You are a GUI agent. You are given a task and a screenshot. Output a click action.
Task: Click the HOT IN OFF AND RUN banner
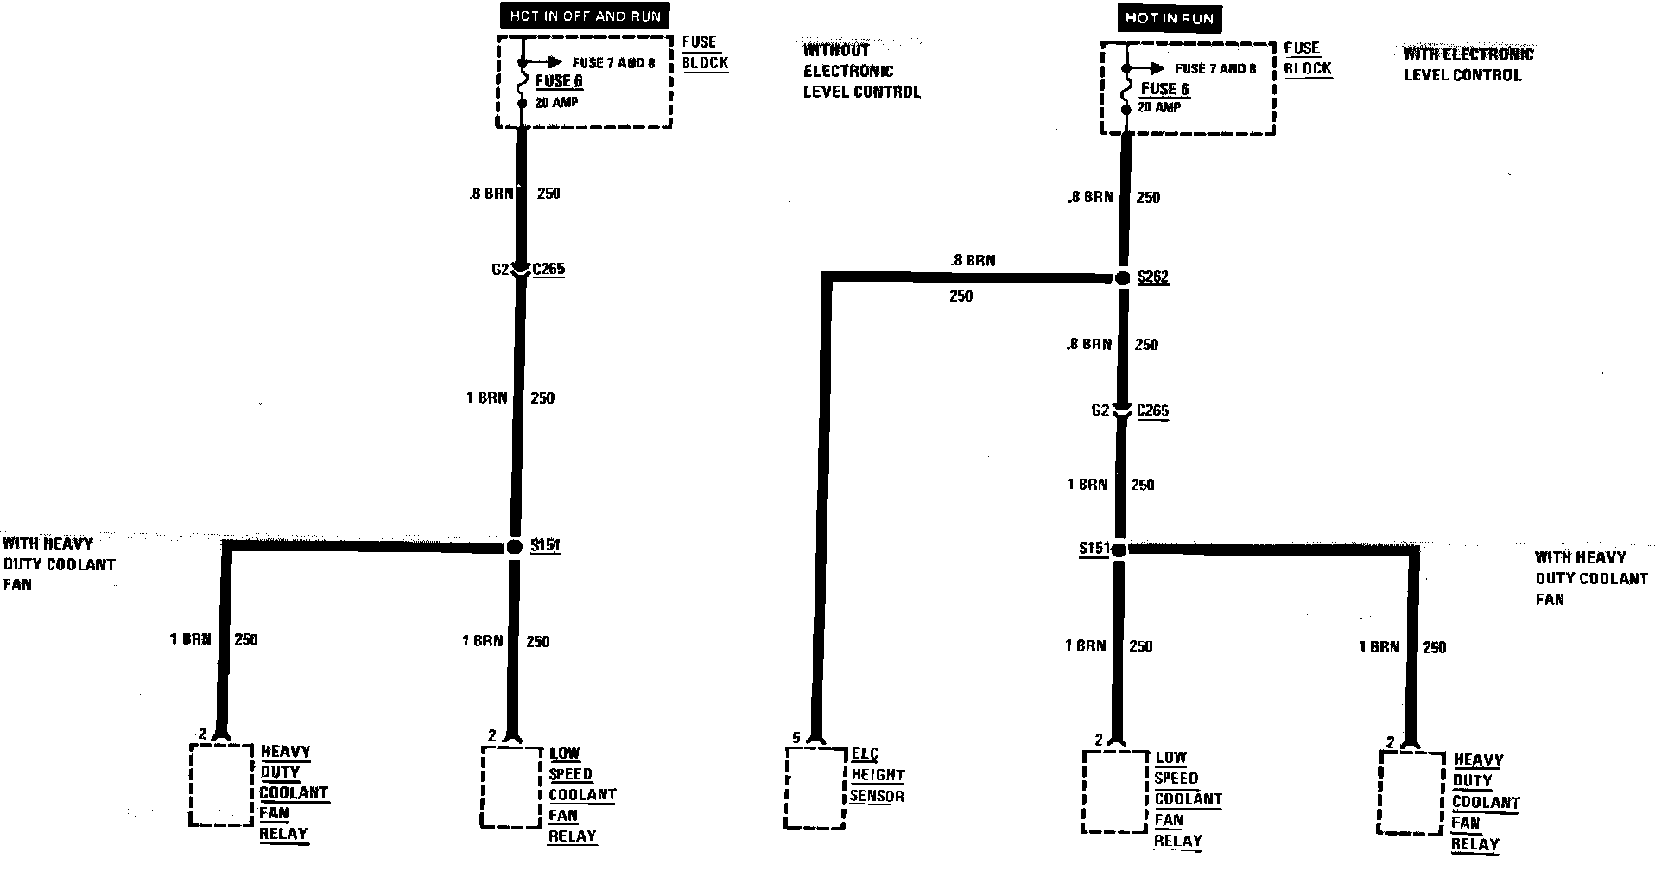pos(585,16)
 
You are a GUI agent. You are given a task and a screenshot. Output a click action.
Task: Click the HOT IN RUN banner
pos(1169,18)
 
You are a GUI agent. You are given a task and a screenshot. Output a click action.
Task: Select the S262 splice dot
pos(1122,278)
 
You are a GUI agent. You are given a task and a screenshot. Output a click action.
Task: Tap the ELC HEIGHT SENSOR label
pos(877,775)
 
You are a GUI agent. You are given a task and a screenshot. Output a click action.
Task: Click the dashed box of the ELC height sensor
pos(815,787)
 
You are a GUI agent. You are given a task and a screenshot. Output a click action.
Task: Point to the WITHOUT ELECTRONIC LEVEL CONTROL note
pos(861,71)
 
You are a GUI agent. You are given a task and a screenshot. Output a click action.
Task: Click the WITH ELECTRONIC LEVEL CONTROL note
pos(1468,65)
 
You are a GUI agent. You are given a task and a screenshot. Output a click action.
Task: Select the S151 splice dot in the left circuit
pos(514,546)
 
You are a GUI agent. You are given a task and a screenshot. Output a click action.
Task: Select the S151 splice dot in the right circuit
pos(1119,549)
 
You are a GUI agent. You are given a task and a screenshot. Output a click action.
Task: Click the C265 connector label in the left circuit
pos(548,269)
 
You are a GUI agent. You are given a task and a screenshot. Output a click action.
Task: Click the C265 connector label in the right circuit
pos(1152,411)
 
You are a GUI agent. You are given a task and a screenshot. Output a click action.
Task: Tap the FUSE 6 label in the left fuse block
pos(559,81)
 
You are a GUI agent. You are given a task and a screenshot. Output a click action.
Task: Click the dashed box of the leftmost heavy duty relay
pos(221,784)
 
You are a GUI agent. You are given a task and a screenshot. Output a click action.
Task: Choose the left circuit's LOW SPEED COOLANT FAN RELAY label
pos(581,795)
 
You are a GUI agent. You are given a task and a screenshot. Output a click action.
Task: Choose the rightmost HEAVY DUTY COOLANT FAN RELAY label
pos(1485,802)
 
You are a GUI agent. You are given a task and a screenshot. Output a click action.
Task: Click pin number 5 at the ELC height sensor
pos(796,738)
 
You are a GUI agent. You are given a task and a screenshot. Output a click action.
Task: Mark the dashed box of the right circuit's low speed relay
pos(1115,791)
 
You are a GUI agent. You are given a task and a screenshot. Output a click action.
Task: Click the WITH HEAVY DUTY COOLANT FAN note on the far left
pos(59,564)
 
